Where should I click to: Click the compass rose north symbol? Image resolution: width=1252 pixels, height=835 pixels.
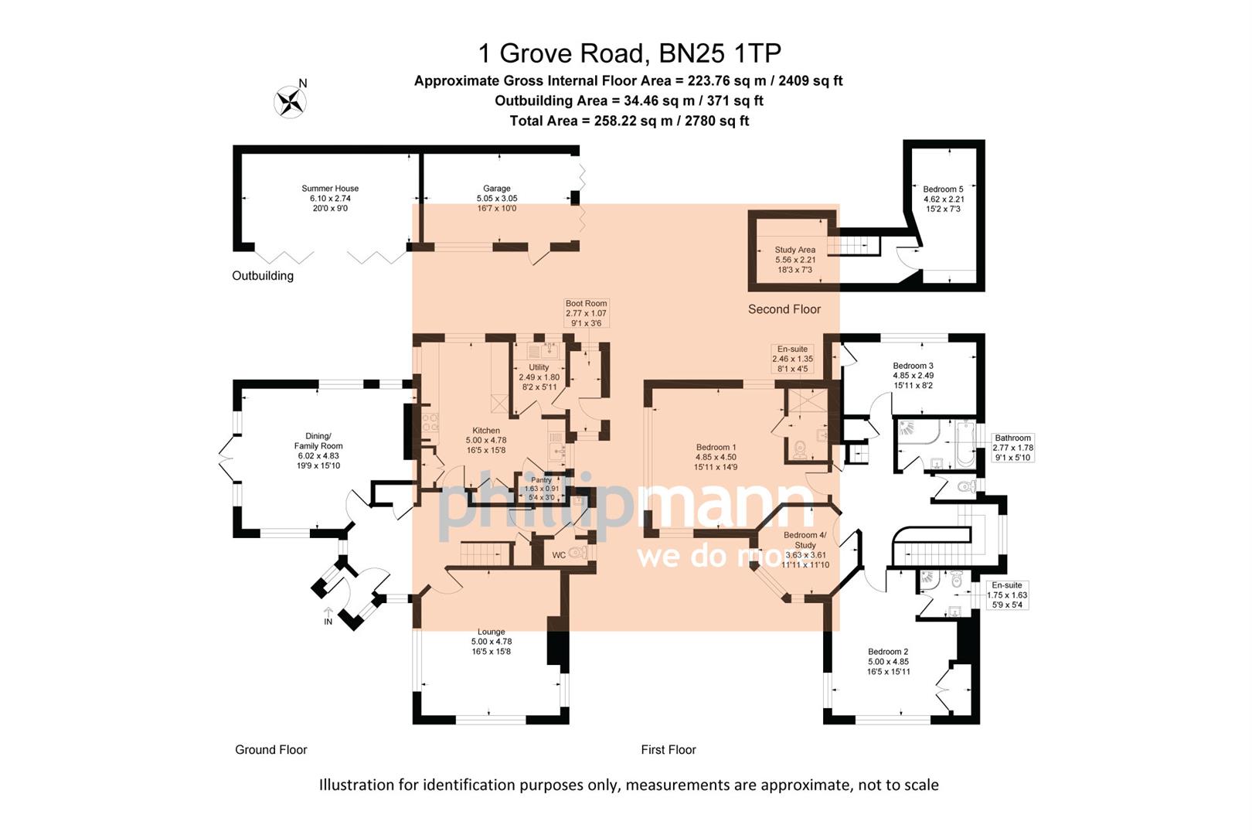click(291, 101)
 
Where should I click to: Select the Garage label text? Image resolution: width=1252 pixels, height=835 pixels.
click(497, 189)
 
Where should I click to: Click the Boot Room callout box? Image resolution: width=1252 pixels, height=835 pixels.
click(586, 313)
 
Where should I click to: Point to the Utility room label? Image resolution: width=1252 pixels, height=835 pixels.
click(539, 367)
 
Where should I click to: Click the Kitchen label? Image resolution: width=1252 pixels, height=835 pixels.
click(486, 431)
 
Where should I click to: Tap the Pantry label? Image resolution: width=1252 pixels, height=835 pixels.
click(541, 480)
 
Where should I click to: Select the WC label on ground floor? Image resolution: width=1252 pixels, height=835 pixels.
click(559, 555)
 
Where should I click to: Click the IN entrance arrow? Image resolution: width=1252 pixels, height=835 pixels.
click(328, 616)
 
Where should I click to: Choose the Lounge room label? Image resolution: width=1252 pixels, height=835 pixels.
click(492, 632)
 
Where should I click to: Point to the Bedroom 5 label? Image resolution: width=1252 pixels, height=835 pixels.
click(944, 189)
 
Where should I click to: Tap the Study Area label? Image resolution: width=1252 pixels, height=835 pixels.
click(795, 250)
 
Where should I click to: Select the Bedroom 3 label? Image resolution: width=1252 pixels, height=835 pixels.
click(913, 366)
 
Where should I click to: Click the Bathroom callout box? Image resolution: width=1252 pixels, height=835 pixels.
click(1012, 448)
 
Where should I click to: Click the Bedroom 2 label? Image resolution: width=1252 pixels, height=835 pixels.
click(888, 652)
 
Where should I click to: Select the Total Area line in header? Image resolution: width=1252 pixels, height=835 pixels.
click(629, 121)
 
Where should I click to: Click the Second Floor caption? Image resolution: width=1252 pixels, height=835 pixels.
click(784, 309)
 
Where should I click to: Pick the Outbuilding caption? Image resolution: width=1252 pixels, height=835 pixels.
click(263, 276)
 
